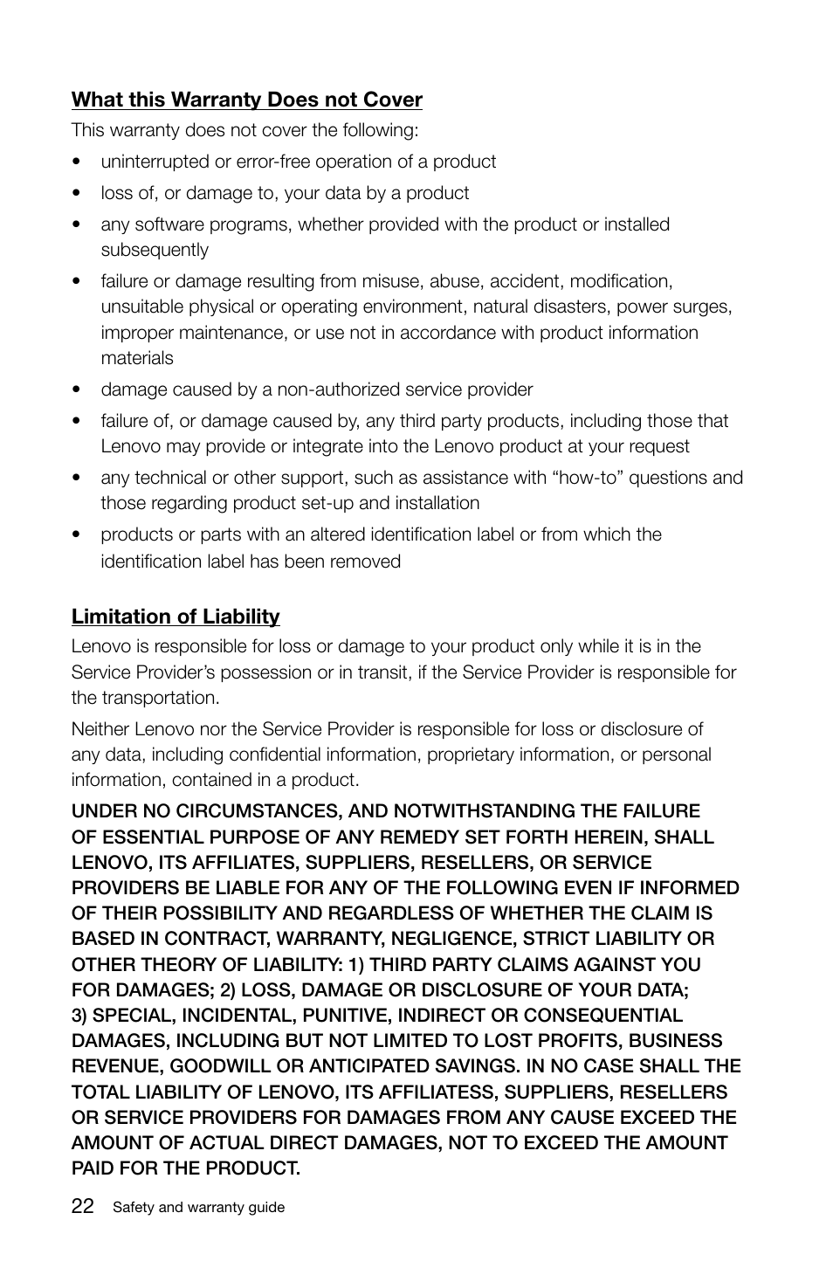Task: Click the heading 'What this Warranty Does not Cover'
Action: point(246,100)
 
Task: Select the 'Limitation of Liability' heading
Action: point(176,617)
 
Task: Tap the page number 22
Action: point(83,1206)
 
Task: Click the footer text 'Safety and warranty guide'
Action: point(198,1207)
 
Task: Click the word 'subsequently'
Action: point(155,250)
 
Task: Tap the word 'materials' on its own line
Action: point(137,358)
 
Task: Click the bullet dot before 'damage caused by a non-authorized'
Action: point(78,390)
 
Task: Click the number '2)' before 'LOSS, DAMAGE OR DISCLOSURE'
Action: point(225,990)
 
